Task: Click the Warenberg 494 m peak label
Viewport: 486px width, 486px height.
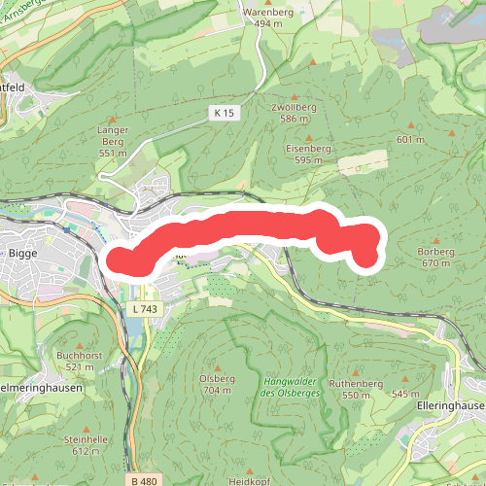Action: click(267, 18)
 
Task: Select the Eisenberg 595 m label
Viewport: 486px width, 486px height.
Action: click(309, 154)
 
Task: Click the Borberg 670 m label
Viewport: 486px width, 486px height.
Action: click(435, 257)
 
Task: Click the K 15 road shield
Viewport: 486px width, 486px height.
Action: click(223, 114)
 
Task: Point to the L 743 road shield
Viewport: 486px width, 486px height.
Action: click(142, 309)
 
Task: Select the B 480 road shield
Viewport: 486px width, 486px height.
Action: click(142, 480)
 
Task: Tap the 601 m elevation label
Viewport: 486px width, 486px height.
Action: click(411, 140)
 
